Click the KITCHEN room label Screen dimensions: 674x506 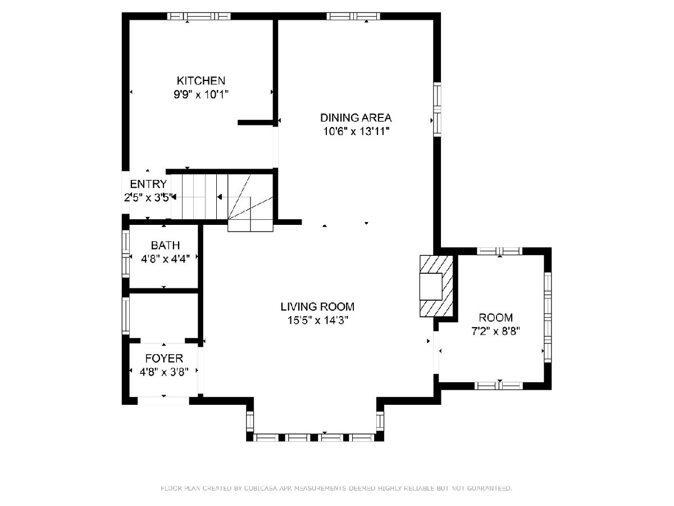[x=201, y=81]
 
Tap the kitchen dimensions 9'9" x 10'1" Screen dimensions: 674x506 [x=201, y=94]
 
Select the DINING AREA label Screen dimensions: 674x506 [x=356, y=118]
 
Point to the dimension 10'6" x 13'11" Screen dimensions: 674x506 [x=356, y=131]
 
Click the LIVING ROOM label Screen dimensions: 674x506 [x=317, y=306]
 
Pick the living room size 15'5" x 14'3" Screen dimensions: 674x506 [x=317, y=320]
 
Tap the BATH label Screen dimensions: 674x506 [x=165, y=245]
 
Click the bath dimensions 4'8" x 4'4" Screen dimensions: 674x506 [x=165, y=259]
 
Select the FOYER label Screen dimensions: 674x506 [x=164, y=358]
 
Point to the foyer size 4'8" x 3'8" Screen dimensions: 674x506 [x=164, y=372]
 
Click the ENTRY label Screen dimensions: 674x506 [x=148, y=184]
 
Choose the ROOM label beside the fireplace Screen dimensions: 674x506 [x=495, y=317]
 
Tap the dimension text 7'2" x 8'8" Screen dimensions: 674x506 [x=495, y=331]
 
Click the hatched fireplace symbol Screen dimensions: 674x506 [x=436, y=286]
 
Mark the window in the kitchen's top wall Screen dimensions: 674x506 [x=199, y=16]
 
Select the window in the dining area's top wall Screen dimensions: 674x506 [x=353, y=16]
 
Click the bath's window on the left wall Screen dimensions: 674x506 [x=126, y=254]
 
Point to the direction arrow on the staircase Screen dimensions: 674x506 [x=219, y=197]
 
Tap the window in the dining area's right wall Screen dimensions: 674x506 [x=437, y=110]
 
